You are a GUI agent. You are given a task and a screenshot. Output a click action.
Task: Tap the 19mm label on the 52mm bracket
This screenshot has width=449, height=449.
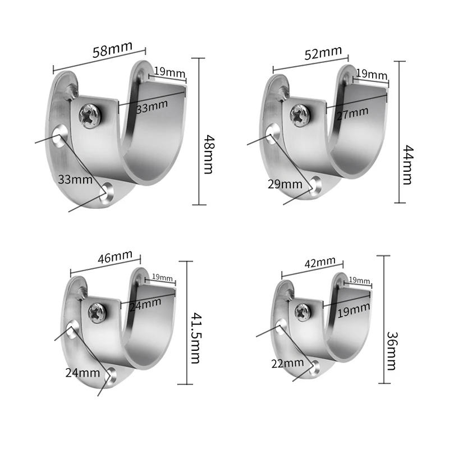click(x=372, y=74)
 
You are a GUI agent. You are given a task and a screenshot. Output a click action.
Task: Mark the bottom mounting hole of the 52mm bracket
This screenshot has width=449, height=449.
click(x=317, y=185)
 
